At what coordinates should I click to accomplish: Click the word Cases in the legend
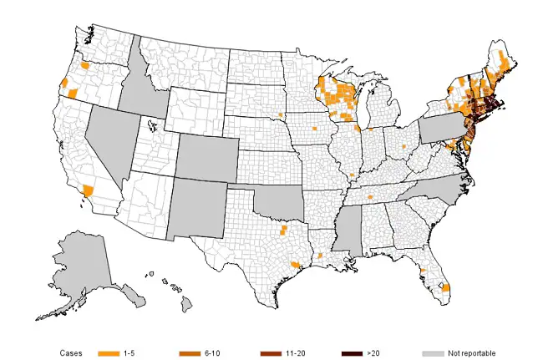point(70,354)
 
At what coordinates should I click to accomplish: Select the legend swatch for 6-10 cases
point(189,354)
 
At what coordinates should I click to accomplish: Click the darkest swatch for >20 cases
point(353,354)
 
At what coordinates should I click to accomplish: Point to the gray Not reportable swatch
point(434,354)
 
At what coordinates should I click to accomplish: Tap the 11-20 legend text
point(295,354)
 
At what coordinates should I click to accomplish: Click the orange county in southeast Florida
point(445,287)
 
